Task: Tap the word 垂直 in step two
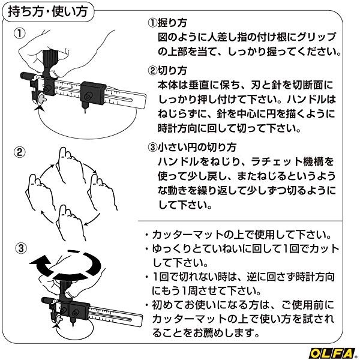203,85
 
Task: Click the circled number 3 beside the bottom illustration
20,247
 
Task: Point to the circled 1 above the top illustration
20,32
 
